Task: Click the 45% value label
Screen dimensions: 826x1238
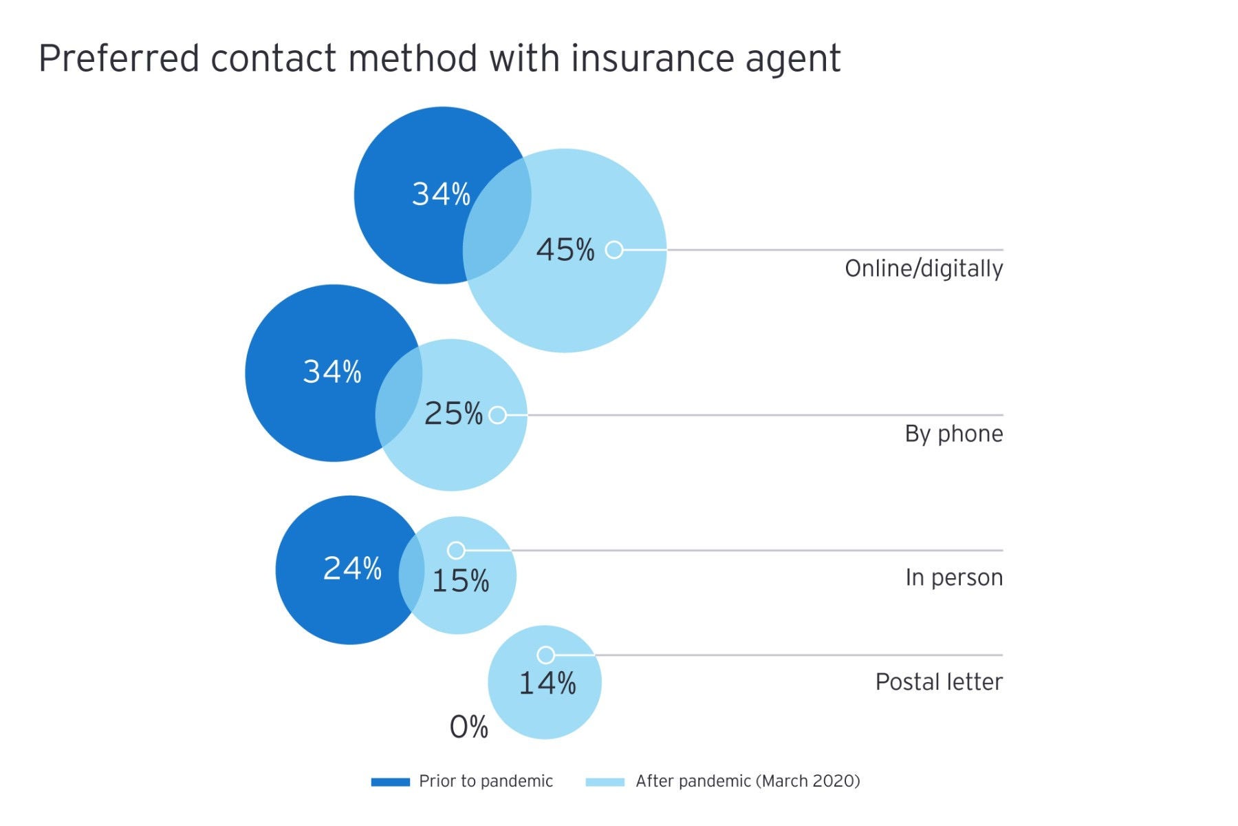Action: tap(565, 250)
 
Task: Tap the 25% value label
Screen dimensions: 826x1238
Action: tap(453, 414)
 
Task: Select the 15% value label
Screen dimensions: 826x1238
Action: tap(460, 581)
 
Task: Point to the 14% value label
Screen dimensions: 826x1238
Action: tap(547, 684)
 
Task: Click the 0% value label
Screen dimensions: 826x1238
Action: tap(468, 727)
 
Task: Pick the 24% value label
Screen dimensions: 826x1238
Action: tap(352, 569)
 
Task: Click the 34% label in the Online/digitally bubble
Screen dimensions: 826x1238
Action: tap(441, 194)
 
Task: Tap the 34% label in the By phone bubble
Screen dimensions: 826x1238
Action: tap(332, 372)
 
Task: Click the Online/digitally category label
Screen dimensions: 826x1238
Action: tap(923, 268)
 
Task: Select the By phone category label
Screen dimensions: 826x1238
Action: tap(953, 434)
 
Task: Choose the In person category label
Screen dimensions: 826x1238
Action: tap(953, 578)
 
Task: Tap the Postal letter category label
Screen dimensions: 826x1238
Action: tap(938, 682)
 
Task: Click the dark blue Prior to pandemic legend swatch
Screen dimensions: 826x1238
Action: tap(390, 782)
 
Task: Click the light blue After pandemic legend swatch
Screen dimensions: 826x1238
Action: tap(605, 782)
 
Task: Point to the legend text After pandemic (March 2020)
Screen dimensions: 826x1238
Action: tap(748, 781)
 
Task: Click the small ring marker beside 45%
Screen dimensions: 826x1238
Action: tap(614, 249)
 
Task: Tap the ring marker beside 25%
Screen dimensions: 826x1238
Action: tap(497, 415)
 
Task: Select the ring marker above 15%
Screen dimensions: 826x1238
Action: tap(456, 550)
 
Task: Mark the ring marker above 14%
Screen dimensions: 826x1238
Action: tap(545, 655)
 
